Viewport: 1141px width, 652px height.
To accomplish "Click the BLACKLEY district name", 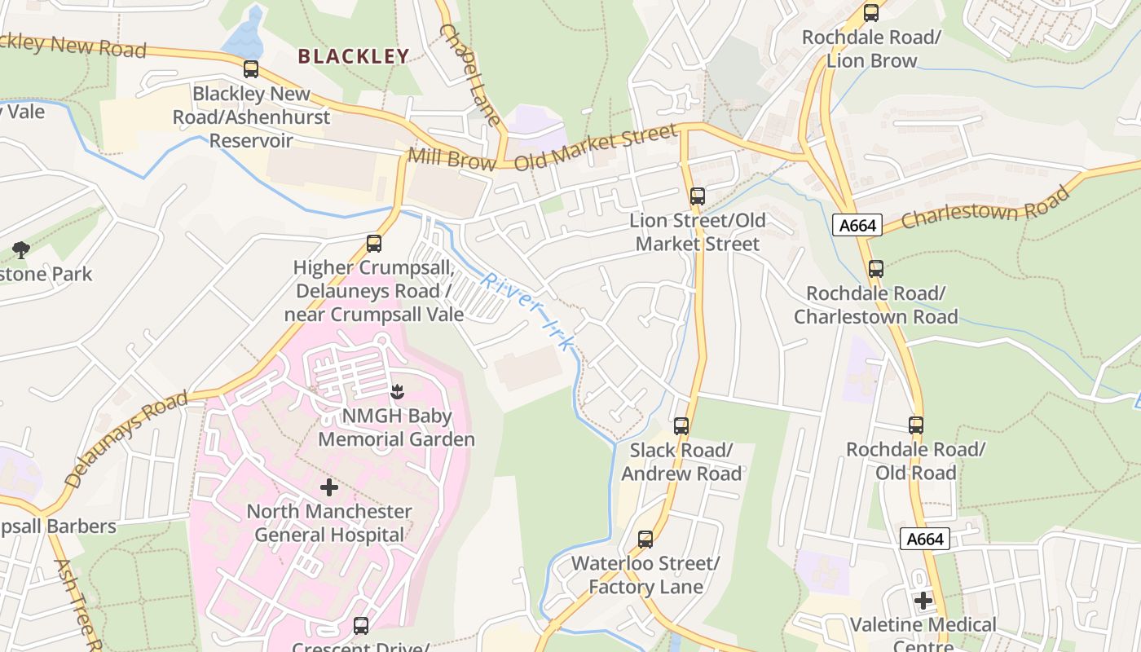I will pyautogui.click(x=353, y=56).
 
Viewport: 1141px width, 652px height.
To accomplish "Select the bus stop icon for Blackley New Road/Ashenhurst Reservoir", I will pyautogui.click(x=251, y=69).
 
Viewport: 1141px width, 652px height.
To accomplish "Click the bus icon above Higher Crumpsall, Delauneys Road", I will pyautogui.click(x=374, y=243).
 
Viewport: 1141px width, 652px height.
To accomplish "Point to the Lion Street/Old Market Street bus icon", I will pyautogui.click(x=698, y=196).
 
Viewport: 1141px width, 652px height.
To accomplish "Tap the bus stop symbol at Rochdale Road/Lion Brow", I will pyautogui.click(x=871, y=12).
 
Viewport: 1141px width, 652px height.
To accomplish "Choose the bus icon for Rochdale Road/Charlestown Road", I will pyautogui.click(x=876, y=268).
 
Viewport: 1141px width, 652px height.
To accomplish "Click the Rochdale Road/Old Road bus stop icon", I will pyautogui.click(x=916, y=425).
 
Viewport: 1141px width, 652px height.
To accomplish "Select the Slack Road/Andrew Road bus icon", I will pyautogui.click(x=681, y=425).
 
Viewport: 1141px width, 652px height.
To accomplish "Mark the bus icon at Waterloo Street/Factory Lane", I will pyautogui.click(x=645, y=539).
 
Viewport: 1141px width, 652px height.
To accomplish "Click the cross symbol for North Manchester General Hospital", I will pyautogui.click(x=329, y=487).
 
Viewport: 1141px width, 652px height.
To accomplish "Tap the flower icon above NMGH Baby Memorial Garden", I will pyautogui.click(x=397, y=392).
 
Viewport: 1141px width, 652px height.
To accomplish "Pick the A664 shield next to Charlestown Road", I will pyautogui.click(x=857, y=225).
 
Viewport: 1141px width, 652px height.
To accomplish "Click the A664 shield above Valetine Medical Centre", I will pyautogui.click(x=925, y=539).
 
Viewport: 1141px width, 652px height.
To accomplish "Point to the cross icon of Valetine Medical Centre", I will pyautogui.click(x=923, y=601).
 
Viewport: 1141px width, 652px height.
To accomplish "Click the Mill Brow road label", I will pyautogui.click(x=452, y=158).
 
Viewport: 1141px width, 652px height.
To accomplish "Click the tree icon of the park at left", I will pyautogui.click(x=21, y=249).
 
